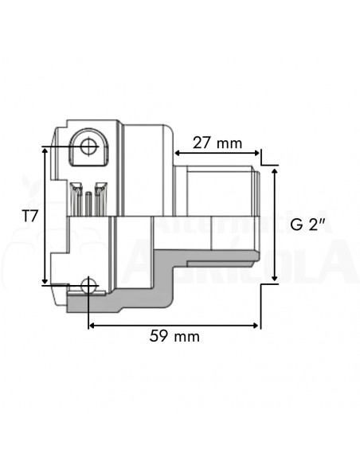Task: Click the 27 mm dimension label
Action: point(217,143)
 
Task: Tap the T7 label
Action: point(29,215)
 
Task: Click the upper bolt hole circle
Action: point(88,147)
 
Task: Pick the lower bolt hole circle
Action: point(88,285)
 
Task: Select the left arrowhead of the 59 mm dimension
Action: point(91,324)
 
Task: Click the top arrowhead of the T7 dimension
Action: point(45,149)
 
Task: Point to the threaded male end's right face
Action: point(259,215)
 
